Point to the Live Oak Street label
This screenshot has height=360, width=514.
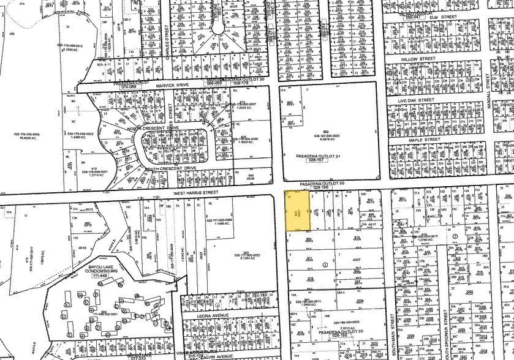[415, 100]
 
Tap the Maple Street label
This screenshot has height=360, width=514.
[425, 140]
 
